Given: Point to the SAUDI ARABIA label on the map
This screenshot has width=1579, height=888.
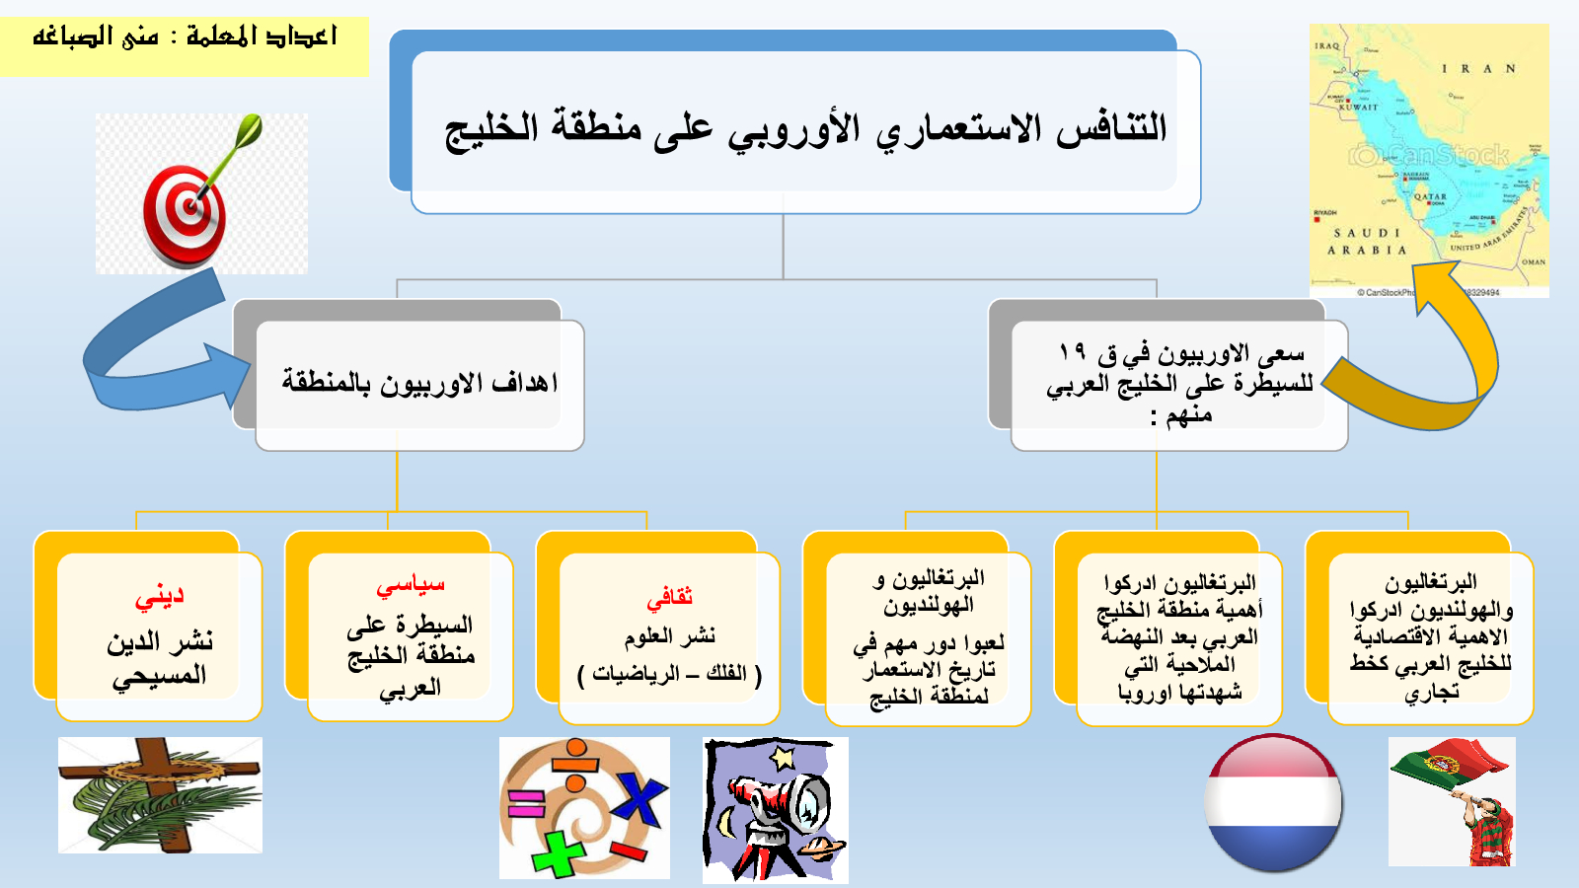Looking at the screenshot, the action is click(x=1367, y=241).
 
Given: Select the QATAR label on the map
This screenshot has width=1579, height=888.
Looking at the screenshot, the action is click(x=1430, y=196).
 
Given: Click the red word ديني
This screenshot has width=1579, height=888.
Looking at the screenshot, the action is click(x=159, y=598).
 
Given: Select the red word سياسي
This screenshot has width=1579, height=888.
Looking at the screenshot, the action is click(x=411, y=585).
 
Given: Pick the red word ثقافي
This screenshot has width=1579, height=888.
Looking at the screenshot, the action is click(x=670, y=598).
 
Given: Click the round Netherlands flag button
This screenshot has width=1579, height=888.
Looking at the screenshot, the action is click(x=1273, y=803).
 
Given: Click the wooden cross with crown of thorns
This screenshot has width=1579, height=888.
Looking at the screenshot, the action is click(x=160, y=794).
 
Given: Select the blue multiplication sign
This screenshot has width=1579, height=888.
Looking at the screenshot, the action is click(x=639, y=802).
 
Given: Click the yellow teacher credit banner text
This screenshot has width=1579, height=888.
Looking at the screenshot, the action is click(x=185, y=37).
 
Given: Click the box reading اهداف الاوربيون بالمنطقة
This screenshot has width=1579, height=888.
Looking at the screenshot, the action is click(x=420, y=385).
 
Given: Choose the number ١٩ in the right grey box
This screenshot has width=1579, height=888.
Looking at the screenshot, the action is click(x=1072, y=351).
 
